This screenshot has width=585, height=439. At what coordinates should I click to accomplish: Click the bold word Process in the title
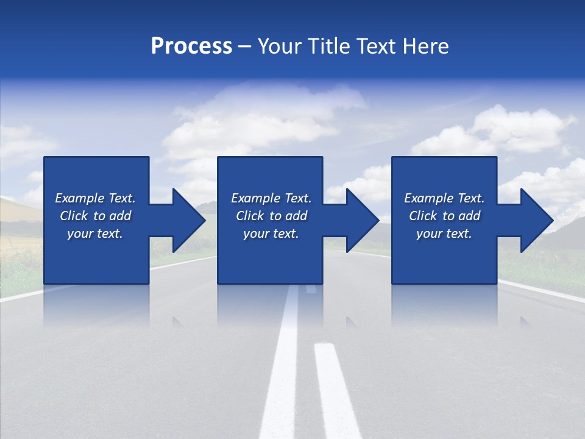click(191, 46)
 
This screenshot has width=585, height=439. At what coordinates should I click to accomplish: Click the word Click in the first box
click(74, 216)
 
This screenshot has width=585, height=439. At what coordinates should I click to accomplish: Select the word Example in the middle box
click(252, 198)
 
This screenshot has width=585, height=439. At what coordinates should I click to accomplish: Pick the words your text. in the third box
click(444, 234)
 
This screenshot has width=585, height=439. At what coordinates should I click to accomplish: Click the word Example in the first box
click(76, 198)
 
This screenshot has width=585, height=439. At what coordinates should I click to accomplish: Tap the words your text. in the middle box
click(271, 234)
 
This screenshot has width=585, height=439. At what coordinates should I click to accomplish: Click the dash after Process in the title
click(245, 47)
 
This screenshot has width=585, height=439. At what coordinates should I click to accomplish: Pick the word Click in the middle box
click(250, 216)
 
